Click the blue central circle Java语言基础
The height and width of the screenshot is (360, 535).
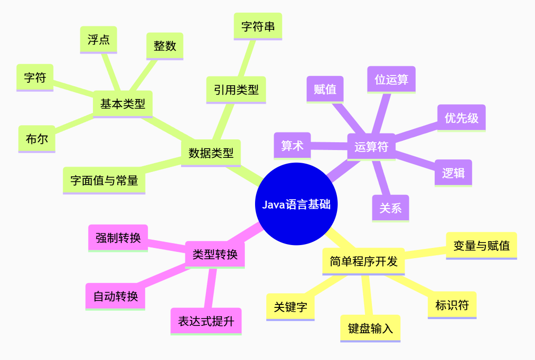(x=296, y=204)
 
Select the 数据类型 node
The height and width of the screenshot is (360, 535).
(x=211, y=153)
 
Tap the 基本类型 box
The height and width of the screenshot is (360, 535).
(x=123, y=104)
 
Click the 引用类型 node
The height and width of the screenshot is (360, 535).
(x=236, y=90)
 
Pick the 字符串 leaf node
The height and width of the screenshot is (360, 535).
(x=258, y=26)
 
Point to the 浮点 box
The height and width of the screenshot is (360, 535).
(x=98, y=39)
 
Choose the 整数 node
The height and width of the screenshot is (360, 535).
(x=165, y=46)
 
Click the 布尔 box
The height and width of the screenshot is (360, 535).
(x=37, y=139)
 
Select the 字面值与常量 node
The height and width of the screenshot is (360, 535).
(x=104, y=180)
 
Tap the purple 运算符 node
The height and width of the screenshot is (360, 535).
(x=371, y=147)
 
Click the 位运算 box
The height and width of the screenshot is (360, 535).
(x=391, y=79)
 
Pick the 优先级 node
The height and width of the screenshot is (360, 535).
(x=461, y=117)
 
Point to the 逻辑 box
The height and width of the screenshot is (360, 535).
(x=453, y=172)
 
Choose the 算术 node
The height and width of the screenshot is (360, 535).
(x=292, y=145)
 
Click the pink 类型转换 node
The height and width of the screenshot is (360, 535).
(x=215, y=254)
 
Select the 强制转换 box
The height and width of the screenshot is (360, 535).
(x=118, y=238)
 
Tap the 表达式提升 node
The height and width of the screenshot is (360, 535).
(x=206, y=321)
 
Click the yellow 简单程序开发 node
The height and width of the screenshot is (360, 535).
(x=364, y=261)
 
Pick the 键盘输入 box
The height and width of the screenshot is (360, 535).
(x=370, y=328)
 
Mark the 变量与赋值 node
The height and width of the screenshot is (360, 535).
(x=481, y=245)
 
